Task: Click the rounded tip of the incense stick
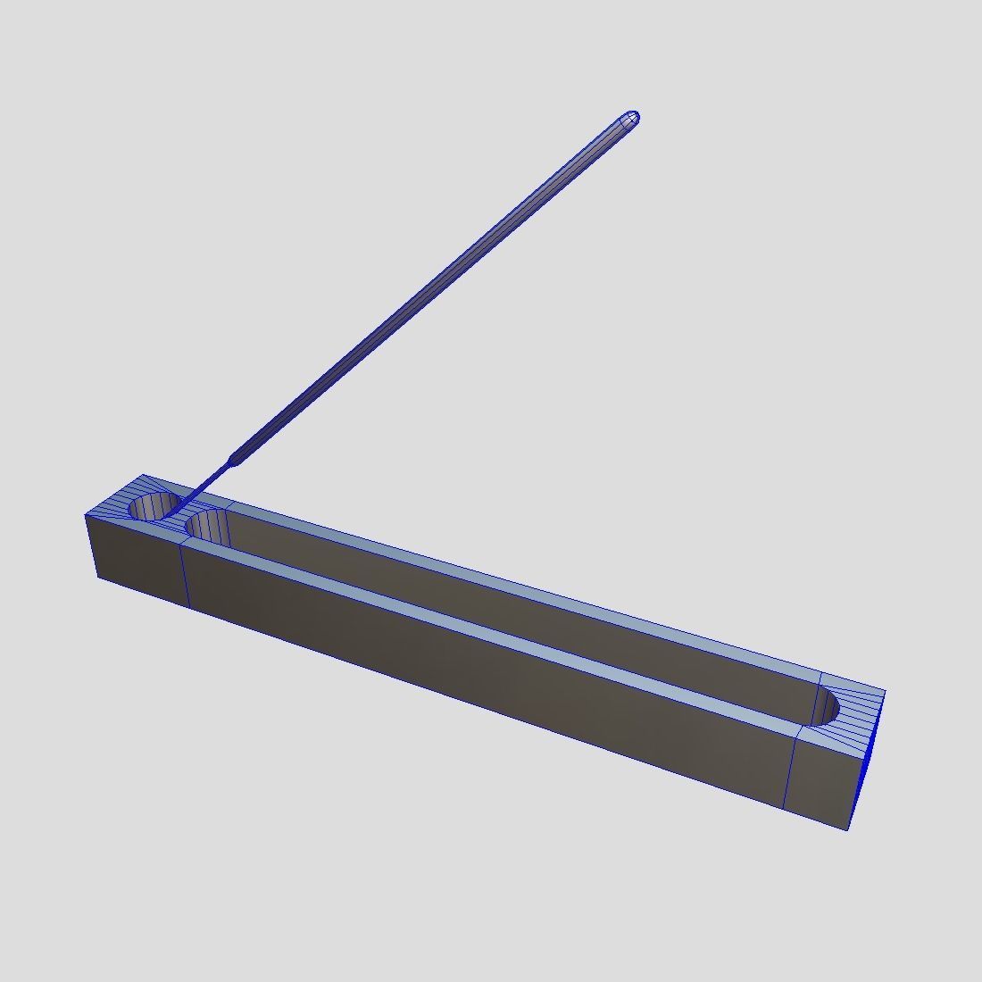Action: pos(631,117)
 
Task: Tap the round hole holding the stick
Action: pos(153,506)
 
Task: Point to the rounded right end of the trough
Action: pos(827,706)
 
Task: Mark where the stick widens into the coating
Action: pos(233,459)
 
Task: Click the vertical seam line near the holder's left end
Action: pos(185,575)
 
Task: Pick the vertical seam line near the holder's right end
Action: pos(789,767)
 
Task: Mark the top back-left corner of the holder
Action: pos(143,475)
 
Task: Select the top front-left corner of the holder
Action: pos(86,515)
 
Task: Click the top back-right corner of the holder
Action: pos(885,690)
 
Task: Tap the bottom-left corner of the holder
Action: pos(97,578)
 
